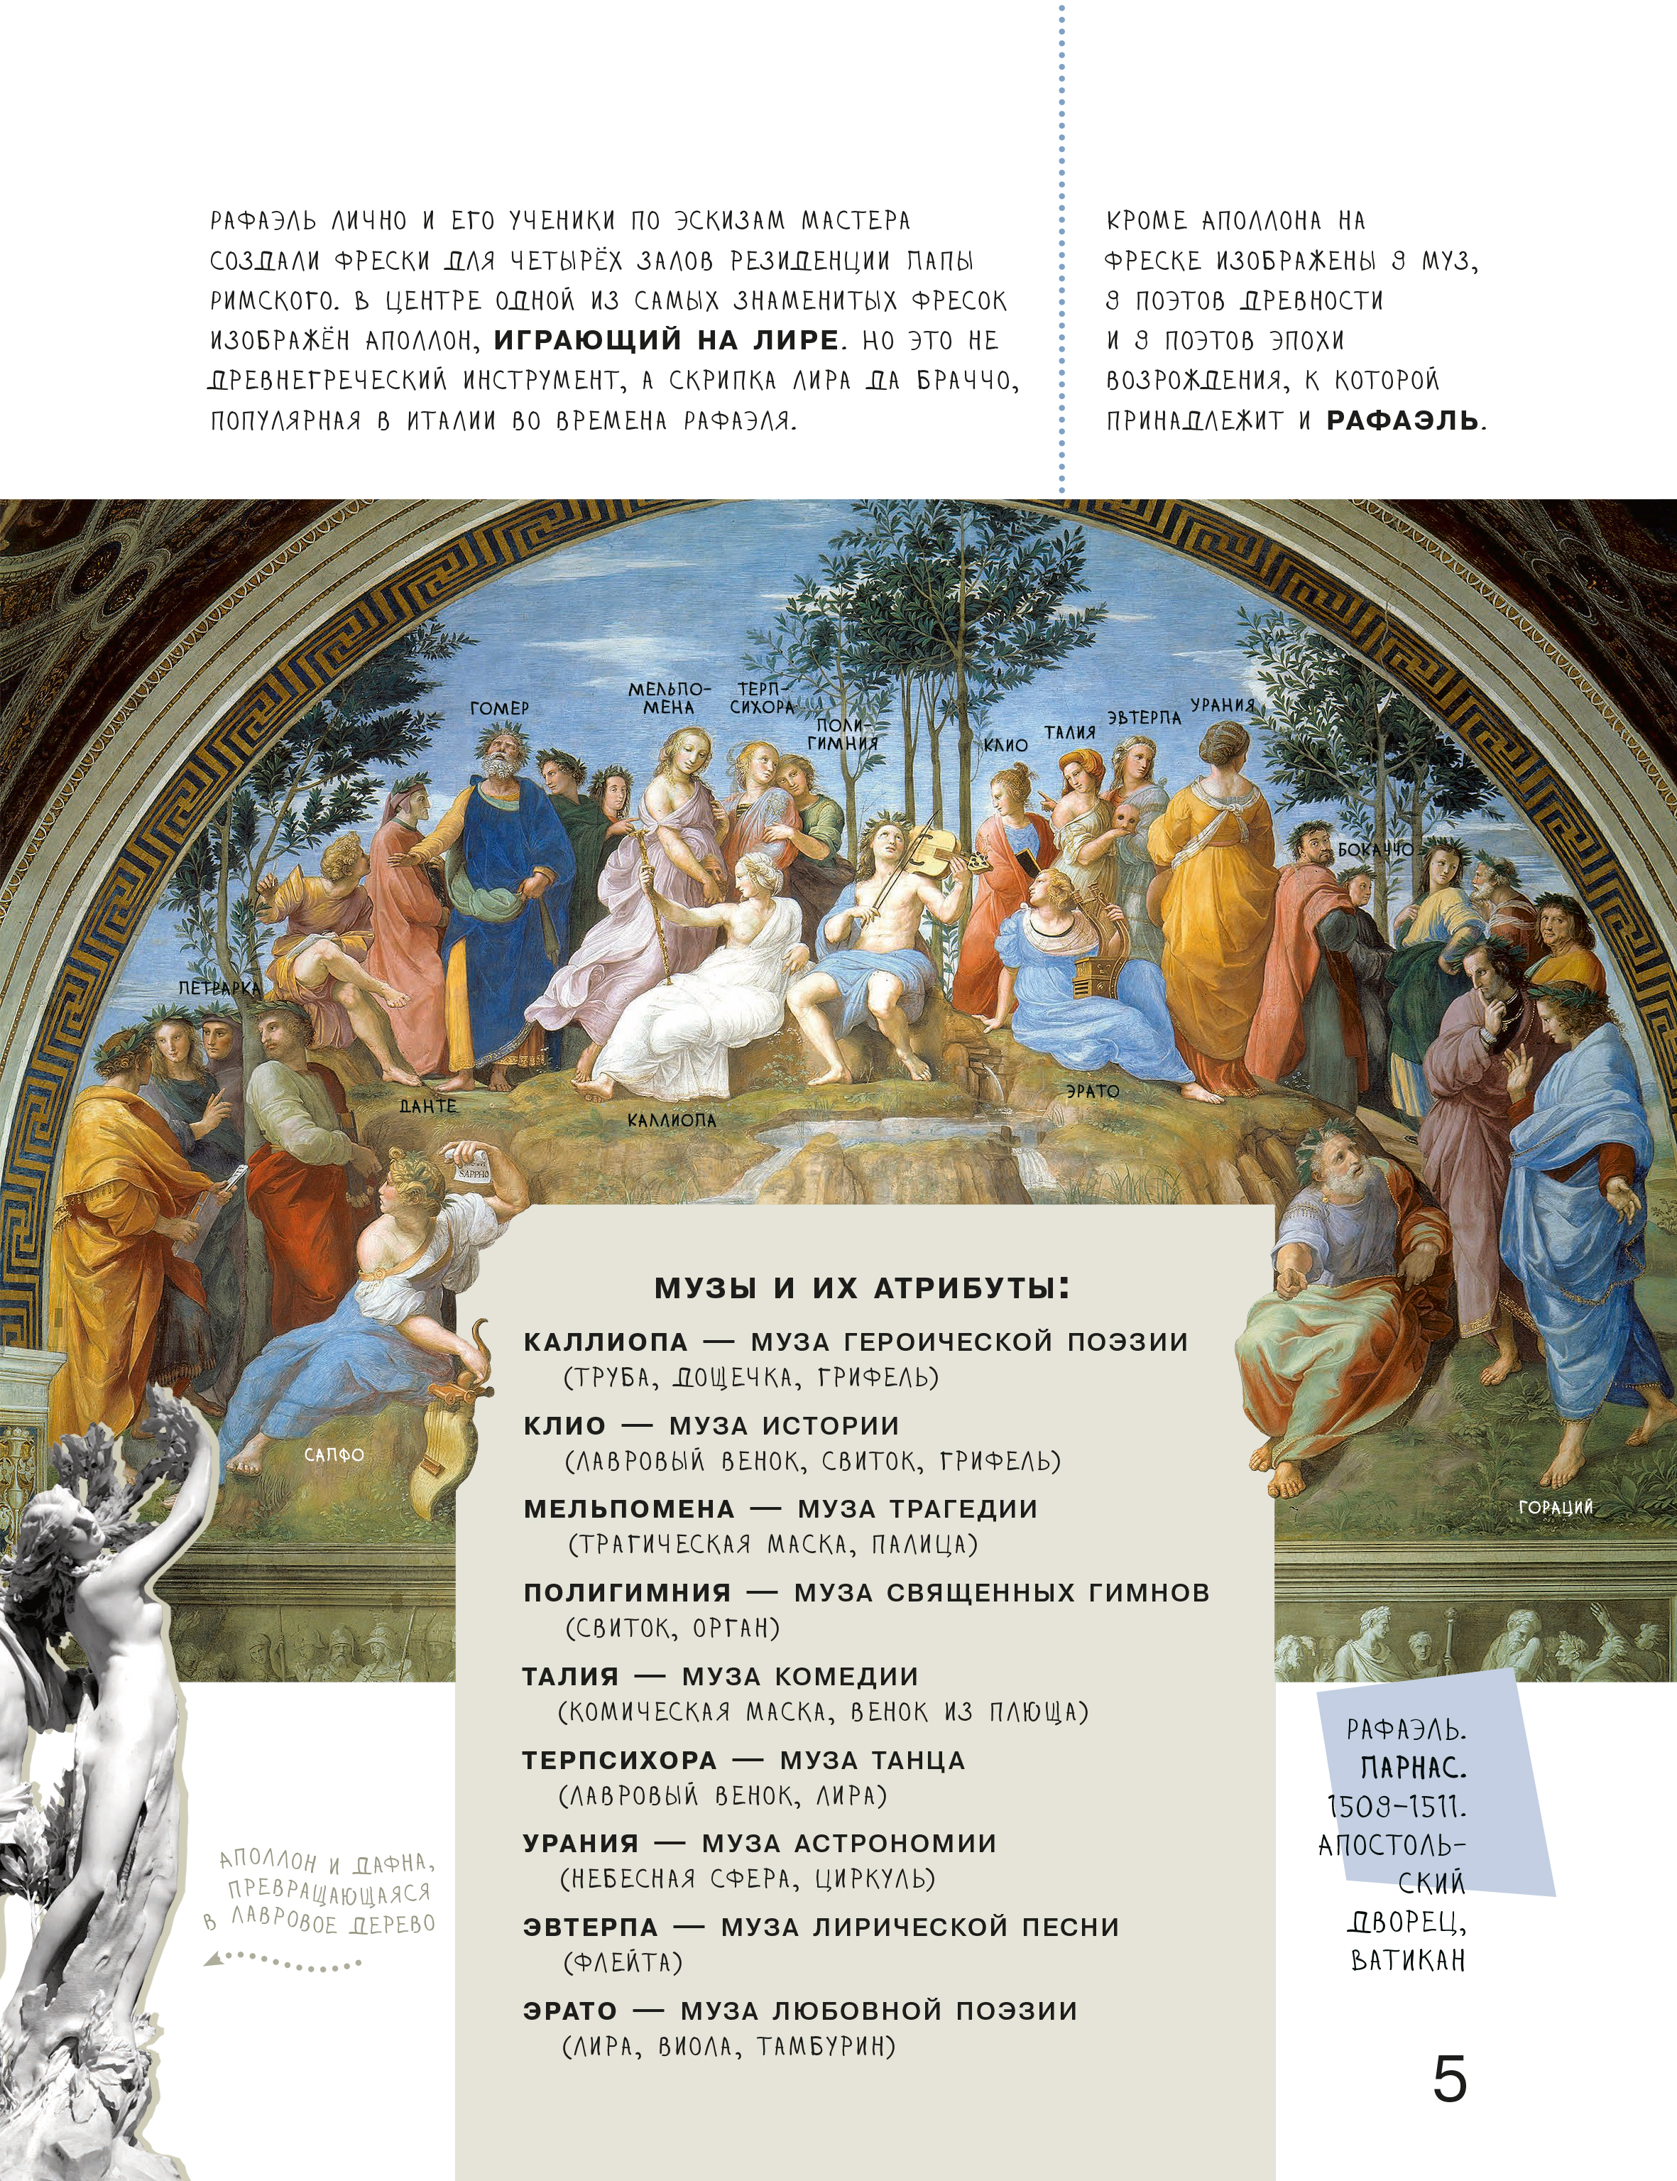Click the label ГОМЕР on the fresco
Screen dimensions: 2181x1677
pos(499,708)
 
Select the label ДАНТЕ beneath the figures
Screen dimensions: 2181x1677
pos(428,1106)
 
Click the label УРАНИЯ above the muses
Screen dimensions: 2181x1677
pos(1222,705)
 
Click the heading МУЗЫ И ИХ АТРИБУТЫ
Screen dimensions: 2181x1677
pos(861,1288)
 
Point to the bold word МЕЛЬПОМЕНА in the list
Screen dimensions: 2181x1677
pos(629,1509)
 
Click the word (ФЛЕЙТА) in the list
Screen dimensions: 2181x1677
pos(623,1962)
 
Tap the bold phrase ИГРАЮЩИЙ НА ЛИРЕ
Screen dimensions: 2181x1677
pos(666,339)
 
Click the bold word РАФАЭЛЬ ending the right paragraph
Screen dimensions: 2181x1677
pos(1402,420)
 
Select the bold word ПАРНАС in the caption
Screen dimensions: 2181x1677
pos(1412,1768)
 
